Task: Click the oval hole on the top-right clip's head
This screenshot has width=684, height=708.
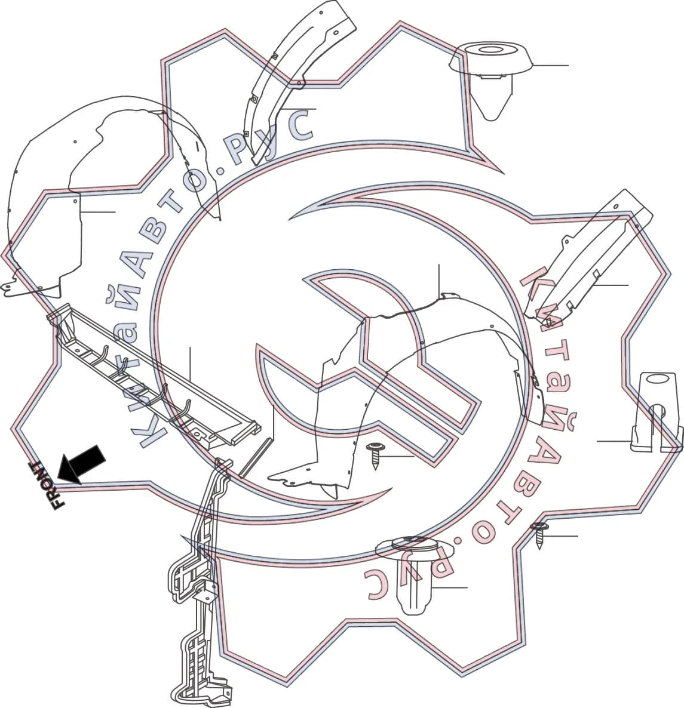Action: tap(490, 49)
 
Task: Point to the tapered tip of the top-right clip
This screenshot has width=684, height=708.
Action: tap(491, 115)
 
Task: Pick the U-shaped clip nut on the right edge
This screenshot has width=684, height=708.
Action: tap(655, 411)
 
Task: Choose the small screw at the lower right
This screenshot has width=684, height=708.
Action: tap(539, 535)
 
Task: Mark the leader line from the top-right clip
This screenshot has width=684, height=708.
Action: tap(550, 66)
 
